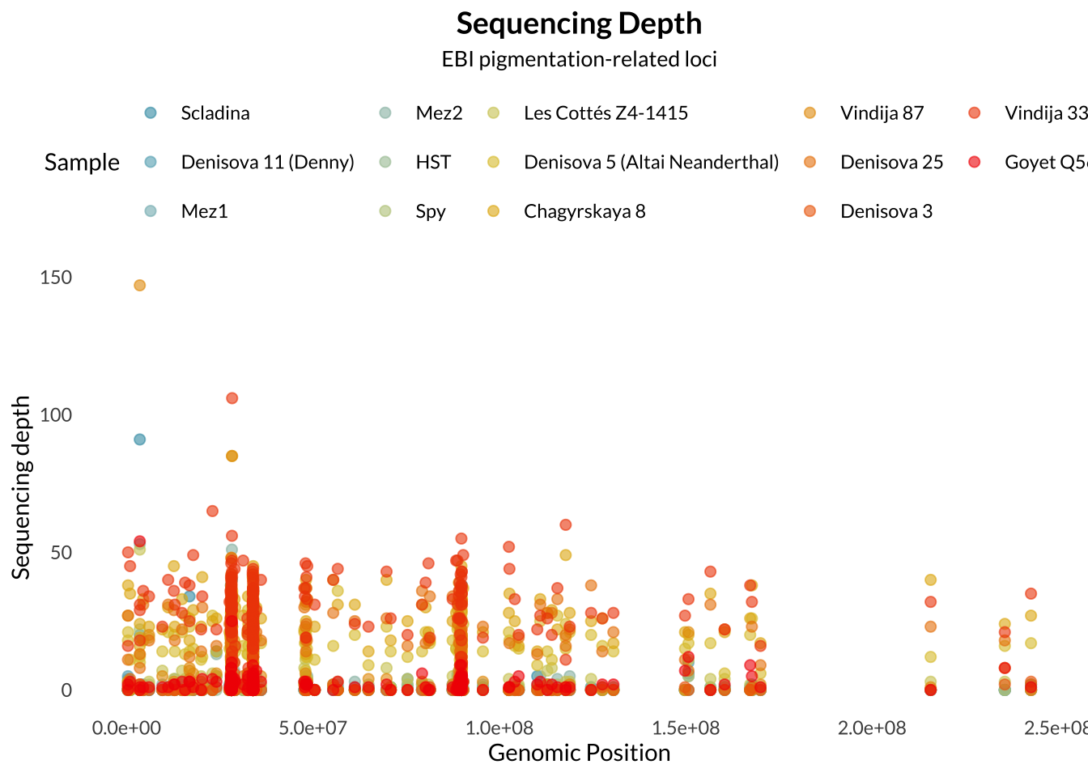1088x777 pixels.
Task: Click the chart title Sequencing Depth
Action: (579, 23)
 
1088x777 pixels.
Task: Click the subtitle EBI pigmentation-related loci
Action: (579, 59)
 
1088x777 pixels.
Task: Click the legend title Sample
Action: (82, 162)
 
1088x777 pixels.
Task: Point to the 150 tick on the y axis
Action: (56, 278)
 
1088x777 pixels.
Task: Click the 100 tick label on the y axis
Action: (56, 415)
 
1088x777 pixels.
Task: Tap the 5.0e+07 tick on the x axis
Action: (312, 728)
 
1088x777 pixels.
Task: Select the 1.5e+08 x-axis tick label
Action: (686, 728)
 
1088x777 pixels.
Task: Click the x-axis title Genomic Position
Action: (579, 753)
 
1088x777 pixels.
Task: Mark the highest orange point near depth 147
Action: (139, 285)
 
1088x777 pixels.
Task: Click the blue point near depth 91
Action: (139, 439)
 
